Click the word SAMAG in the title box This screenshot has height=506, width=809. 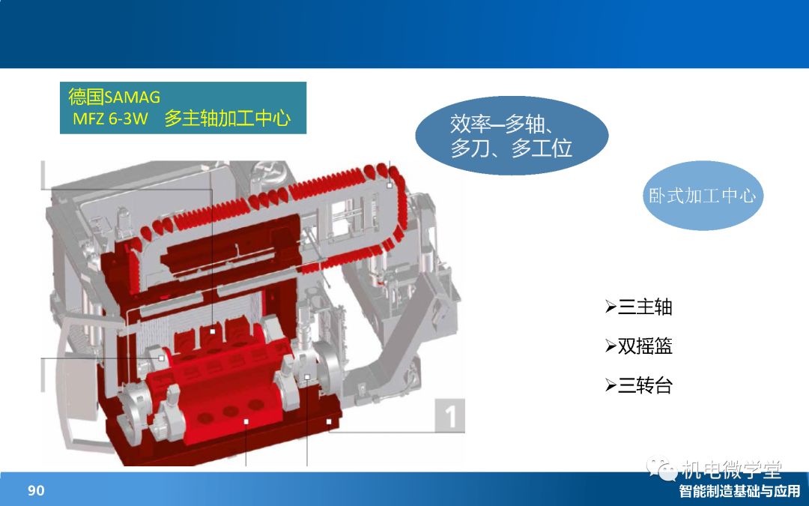[132, 97]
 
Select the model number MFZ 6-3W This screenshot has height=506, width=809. [110, 118]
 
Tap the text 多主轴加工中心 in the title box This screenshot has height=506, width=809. [228, 118]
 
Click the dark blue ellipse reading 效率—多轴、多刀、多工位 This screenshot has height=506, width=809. [512, 135]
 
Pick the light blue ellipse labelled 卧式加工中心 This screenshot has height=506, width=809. [703, 196]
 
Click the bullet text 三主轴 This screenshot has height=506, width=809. [645, 307]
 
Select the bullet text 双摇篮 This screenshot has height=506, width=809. [645, 346]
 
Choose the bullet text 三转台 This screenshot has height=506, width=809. [645, 385]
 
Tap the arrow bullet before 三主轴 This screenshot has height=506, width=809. [611, 307]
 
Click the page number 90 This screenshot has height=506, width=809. [36, 490]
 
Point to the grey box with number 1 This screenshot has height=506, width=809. [450, 415]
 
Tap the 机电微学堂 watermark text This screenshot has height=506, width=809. [732, 469]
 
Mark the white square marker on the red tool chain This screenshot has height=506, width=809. [390, 185]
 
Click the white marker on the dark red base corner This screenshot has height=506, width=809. [329, 422]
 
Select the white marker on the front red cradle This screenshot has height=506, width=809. [246, 422]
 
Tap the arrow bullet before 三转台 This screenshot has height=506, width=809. [611, 385]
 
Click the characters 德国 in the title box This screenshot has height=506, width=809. [85, 97]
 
